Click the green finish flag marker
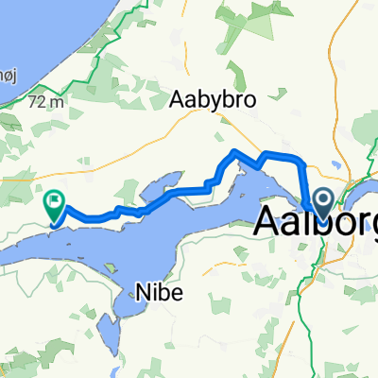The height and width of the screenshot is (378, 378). [54, 201]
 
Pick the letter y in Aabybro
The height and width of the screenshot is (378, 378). [210, 99]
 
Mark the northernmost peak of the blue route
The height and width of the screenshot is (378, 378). [235, 151]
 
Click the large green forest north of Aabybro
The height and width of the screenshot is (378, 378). [241, 28]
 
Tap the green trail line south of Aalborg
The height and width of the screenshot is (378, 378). [318, 274]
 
